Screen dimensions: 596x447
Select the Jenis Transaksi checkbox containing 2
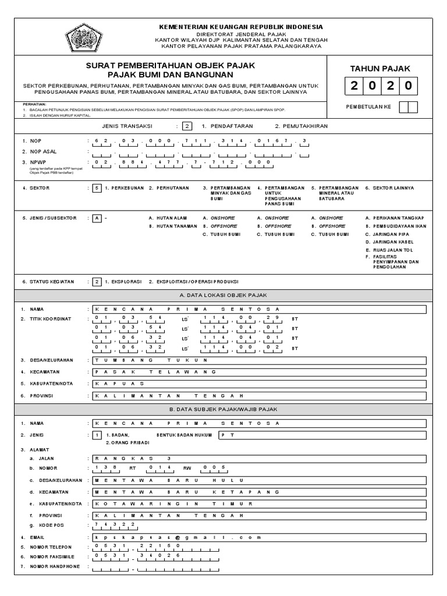click(x=186, y=126)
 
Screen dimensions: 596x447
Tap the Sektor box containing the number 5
click(x=97, y=188)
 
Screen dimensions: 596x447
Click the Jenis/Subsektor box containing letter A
click(x=97, y=218)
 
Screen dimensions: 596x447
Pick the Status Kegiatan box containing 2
click(x=97, y=281)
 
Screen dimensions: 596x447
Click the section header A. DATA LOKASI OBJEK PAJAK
click(x=223, y=295)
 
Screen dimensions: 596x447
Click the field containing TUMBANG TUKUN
click(x=259, y=359)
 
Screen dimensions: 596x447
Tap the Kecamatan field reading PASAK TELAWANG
click(x=259, y=371)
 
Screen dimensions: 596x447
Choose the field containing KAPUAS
click(x=259, y=384)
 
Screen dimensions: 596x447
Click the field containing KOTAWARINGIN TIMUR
click(x=259, y=503)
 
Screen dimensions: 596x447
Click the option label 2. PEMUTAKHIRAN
click(x=301, y=126)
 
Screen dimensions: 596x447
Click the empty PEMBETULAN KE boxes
click(x=412, y=107)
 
